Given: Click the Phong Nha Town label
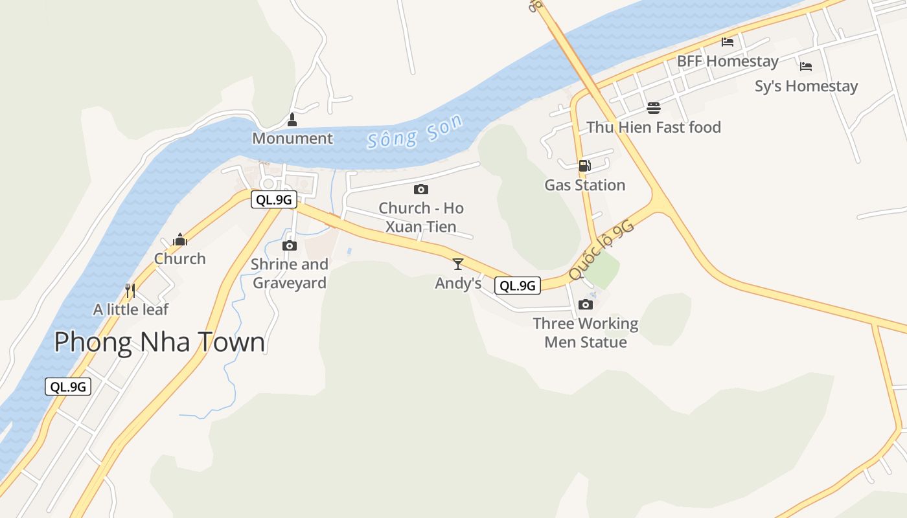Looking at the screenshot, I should (x=159, y=342).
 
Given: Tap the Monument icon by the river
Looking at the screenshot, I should (x=292, y=120).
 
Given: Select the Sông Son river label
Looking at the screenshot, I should (x=415, y=131).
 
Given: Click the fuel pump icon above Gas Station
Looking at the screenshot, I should (x=584, y=166).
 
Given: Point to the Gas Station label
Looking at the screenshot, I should (x=584, y=185).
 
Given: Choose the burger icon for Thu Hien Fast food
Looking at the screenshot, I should (x=653, y=107).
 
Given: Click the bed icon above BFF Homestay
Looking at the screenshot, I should (x=728, y=42).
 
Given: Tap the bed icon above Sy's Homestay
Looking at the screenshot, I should (x=806, y=66).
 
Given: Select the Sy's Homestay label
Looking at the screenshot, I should (x=806, y=86).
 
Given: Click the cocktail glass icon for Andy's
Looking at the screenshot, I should (x=458, y=264).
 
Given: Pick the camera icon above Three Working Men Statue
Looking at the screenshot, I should (x=586, y=304).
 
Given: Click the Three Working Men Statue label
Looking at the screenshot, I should (x=586, y=332).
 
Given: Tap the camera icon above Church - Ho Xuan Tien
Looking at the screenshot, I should (x=421, y=189).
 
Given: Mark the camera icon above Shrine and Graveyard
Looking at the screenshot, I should (x=290, y=245).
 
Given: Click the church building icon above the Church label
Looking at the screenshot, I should (x=179, y=240).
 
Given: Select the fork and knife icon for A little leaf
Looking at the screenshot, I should (x=130, y=290).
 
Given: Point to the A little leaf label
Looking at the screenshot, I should (x=130, y=310).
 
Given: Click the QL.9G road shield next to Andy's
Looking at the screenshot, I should (x=517, y=285).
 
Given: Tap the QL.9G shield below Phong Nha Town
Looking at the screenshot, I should (x=68, y=387).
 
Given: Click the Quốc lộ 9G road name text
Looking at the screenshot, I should (x=601, y=250).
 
